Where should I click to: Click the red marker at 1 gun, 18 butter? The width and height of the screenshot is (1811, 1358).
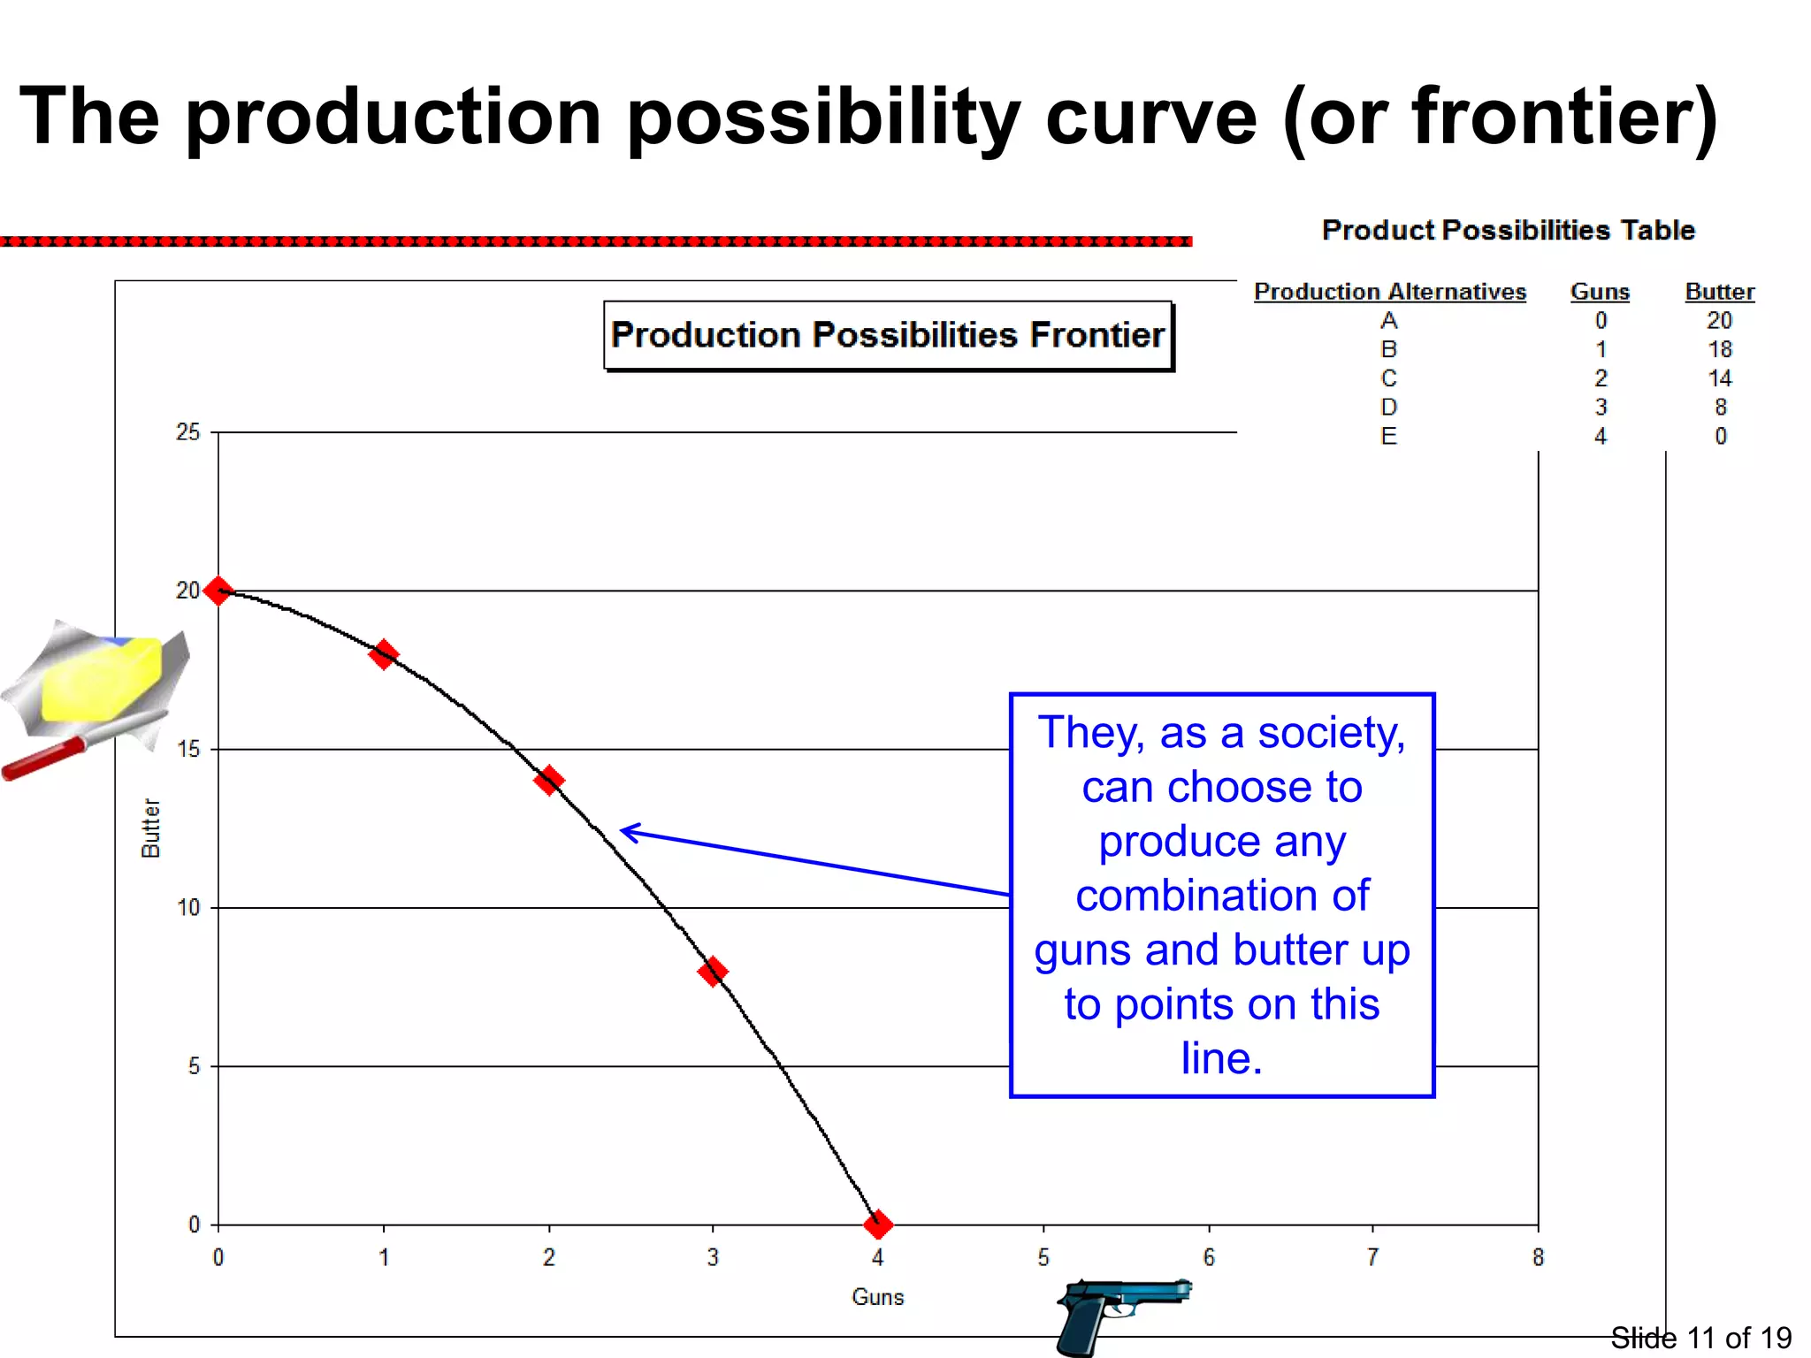pos(383,655)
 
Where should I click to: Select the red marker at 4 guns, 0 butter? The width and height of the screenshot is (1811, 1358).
pos(877,1225)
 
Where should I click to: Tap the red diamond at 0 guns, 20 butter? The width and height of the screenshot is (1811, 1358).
pos(218,591)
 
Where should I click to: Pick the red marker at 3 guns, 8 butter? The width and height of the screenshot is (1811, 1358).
pos(713,972)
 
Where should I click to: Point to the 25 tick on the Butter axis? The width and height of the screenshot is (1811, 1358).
pos(188,432)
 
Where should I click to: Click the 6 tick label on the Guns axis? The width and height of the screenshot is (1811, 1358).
pos(1209,1257)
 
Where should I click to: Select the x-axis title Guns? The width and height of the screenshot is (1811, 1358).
pos(877,1297)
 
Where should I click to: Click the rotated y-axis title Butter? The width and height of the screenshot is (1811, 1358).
pos(151,828)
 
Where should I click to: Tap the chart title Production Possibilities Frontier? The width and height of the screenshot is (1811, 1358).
pos(888,335)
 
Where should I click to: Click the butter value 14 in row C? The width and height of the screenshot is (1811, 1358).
pos(1719,378)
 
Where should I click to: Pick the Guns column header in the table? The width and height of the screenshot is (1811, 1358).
pos(1600,292)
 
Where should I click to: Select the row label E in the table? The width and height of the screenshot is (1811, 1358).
pos(1388,436)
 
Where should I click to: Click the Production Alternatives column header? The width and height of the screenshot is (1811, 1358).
pos(1389,292)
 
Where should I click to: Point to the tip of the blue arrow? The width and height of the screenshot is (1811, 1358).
pos(623,829)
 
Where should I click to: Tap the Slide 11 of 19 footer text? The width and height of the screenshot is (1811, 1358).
pos(1700,1338)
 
